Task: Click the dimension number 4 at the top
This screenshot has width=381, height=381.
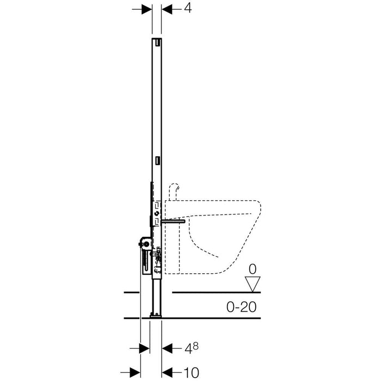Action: point(188,8)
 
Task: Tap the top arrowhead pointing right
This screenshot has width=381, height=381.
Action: point(147,9)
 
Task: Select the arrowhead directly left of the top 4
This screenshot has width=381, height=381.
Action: point(167,9)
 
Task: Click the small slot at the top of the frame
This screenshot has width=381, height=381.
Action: point(158,42)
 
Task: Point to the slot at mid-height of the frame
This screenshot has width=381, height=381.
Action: point(158,161)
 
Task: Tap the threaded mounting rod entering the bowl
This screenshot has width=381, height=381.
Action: point(173,222)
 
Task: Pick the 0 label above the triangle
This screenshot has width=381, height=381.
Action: point(253,269)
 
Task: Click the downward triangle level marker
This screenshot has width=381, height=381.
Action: point(253,284)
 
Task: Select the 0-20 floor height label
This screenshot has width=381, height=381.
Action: point(241,307)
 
